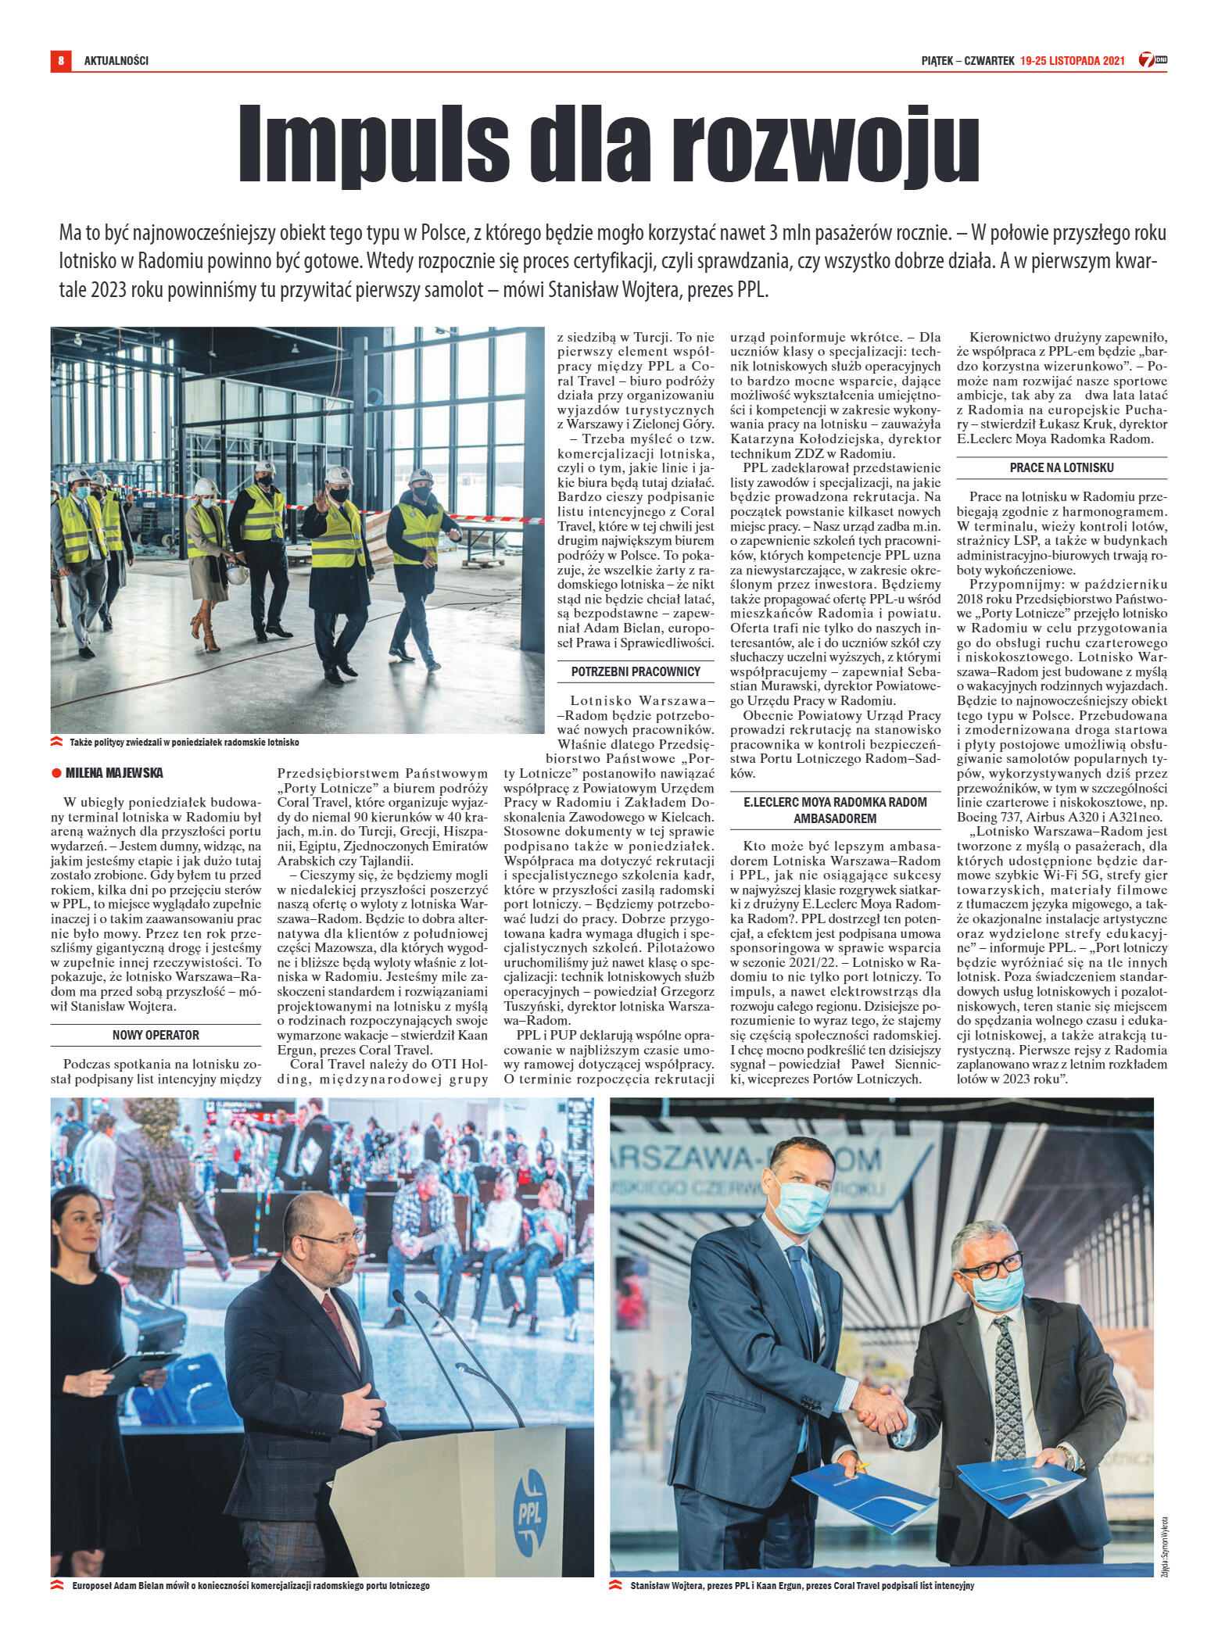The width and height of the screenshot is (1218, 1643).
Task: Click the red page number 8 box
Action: [x=60, y=60]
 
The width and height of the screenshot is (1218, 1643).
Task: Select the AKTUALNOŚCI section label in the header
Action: [x=116, y=61]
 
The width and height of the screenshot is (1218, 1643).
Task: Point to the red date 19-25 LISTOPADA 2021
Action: [x=1072, y=61]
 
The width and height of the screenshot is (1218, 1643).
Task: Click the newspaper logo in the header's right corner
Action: [x=1152, y=60]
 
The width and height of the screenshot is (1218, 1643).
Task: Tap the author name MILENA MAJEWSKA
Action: [x=114, y=773]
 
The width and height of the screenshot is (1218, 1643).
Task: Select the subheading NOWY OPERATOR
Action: [x=156, y=1035]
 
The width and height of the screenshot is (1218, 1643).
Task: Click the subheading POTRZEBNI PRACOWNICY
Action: [x=636, y=671]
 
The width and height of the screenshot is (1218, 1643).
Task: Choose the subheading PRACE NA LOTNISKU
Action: [x=1062, y=467]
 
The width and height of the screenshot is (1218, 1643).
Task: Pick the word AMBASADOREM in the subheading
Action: [x=835, y=818]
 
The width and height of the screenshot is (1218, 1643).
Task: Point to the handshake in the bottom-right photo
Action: [x=880, y=1409]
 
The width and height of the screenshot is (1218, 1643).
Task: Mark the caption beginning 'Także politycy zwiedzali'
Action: [x=184, y=742]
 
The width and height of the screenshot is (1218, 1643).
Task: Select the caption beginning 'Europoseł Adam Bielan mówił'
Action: [x=250, y=1586]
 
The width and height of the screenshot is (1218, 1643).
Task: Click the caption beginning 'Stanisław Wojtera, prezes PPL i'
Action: [x=801, y=1586]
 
